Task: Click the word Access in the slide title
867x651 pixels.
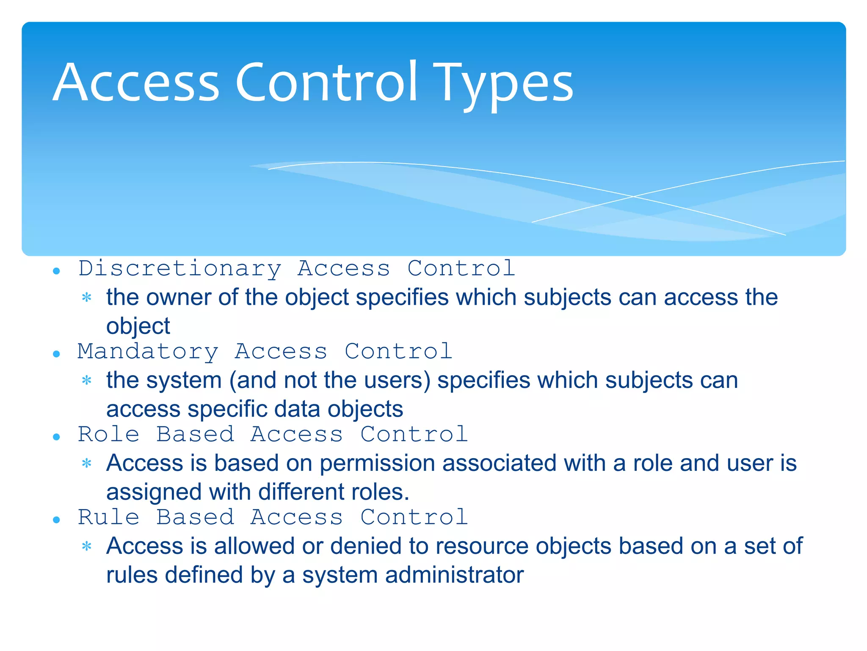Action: pyautogui.click(x=136, y=83)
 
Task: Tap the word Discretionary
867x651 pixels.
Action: pyautogui.click(x=180, y=269)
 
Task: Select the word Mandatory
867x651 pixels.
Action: pyautogui.click(x=148, y=352)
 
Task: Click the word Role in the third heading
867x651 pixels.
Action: pyautogui.click(x=109, y=434)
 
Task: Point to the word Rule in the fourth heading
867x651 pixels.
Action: pyautogui.click(x=109, y=517)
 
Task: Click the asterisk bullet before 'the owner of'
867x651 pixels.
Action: pyautogui.click(x=87, y=298)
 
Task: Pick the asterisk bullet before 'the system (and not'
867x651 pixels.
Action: pyautogui.click(x=87, y=380)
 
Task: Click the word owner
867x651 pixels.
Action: pyautogui.click(x=178, y=298)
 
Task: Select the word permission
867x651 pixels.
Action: pyautogui.click(x=377, y=463)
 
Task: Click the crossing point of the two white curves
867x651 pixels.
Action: pyautogui.click(x=633, y=196)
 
